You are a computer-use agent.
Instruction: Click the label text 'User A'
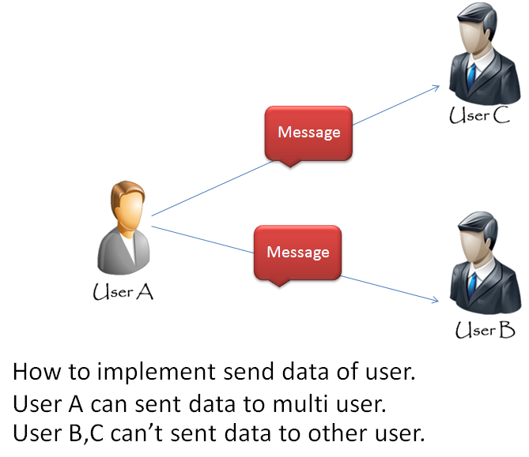[x=123, y=292]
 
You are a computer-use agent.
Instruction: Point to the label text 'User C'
[x=479, y=117]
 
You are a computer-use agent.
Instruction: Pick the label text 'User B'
[x=485, y=330]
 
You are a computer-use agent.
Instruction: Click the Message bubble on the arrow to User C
[x=308, y=132]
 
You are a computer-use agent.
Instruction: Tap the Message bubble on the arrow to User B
[x=297, y=252]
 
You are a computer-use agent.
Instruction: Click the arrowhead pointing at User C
[x=436, y=89]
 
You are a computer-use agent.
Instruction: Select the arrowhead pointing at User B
[x=434, y=299]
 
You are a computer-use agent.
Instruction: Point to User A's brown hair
[x=123, y=192]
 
